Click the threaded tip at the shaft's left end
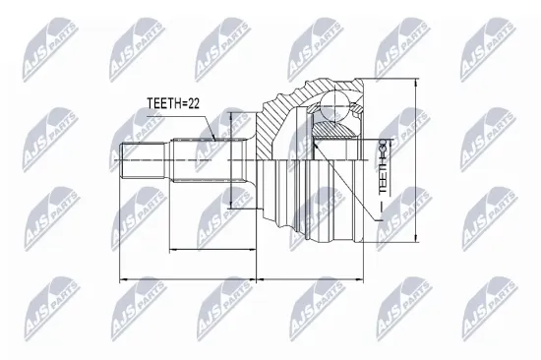[135, 163]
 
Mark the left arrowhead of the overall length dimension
[121, 280]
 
